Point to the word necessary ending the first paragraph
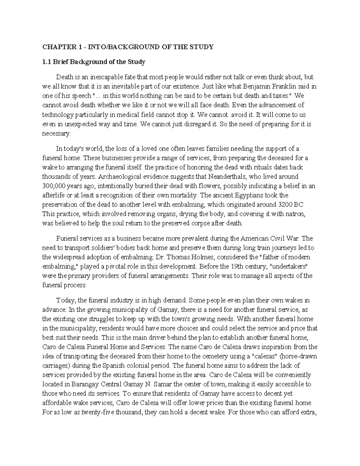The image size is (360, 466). (x=56, y=134)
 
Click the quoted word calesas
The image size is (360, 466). (x=265, y=356)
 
